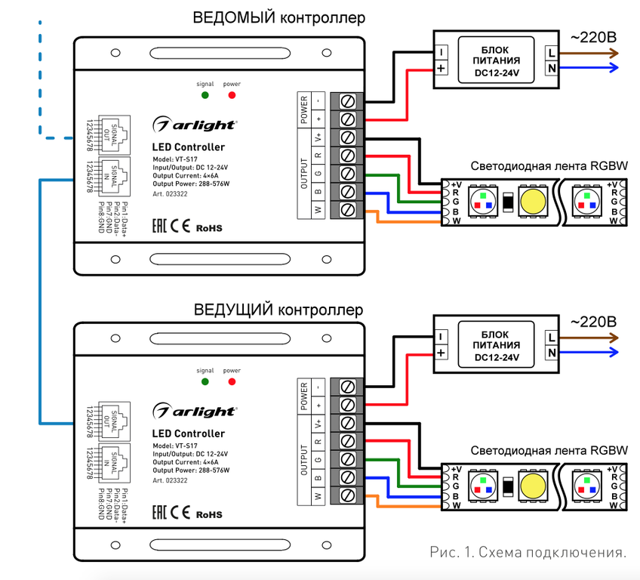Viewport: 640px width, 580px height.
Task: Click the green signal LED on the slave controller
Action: (205, 95)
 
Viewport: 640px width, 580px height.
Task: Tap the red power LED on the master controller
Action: (232, 382)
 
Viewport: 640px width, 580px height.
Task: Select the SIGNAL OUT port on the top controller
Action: (114, 134)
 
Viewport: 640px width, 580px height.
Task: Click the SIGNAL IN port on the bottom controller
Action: (114, 463)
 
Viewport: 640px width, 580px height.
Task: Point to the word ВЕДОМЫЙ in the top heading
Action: (234, 18)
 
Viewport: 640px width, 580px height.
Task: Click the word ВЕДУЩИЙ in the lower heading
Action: (233, 310)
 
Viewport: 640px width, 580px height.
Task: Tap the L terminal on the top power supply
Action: (552, 53)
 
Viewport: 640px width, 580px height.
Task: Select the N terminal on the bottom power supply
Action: (552, 353)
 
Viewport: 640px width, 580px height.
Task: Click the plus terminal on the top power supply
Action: (441, 68)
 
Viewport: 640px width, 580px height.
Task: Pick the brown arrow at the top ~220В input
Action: (589, 53)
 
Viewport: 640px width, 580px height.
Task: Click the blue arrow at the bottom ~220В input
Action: (589, 352)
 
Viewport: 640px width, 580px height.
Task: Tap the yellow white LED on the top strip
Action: (533, 202)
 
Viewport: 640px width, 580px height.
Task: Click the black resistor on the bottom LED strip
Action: (508, 486)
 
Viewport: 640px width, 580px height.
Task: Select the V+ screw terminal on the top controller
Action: (347, 137)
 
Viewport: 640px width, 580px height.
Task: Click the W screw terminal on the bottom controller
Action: (347, 495)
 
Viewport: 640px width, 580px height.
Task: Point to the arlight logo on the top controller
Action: (195, 125)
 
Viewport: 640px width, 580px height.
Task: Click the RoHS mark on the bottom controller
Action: (209, 514)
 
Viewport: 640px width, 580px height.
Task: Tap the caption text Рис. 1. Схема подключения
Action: (528, 552)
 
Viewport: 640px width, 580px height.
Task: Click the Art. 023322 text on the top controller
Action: (171, 194)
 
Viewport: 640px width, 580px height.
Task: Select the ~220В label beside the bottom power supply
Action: (593, 322)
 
